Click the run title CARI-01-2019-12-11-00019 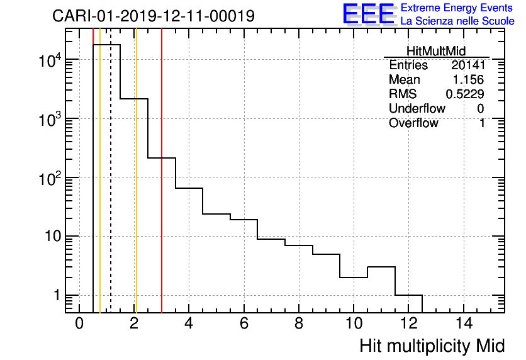click(x=154, y=16)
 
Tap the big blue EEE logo click(x=369, y=14)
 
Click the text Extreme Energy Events click(x=457, y=8)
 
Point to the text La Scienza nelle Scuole click(x=457, y=21)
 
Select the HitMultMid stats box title click(x=436, y=52)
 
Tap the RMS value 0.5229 click(x=465, y=94)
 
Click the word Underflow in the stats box click(x=417, y=109)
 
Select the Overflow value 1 click(x=482, y=123)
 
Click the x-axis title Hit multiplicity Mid click(x=432, y=346)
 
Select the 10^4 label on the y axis click(x=49, y=60)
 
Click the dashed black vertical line click(x=111, y=189)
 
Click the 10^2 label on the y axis click(x=49, y=179)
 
